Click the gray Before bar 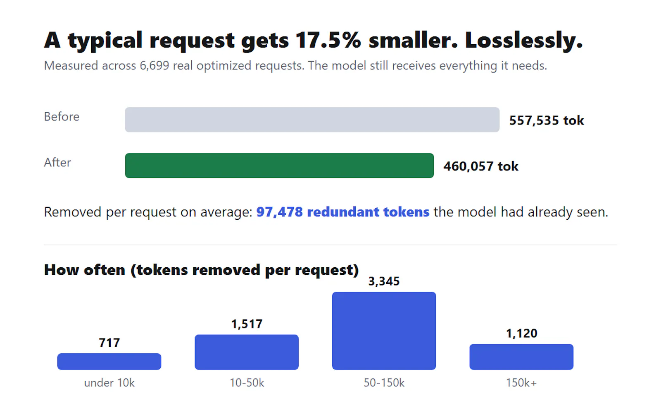click(312, 120)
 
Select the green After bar click(279, 166)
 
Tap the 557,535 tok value click(547, 120)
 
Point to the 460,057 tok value click(481, 166)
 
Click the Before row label click(62, 117)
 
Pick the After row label click(57, 163)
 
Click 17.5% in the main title click(328, 40)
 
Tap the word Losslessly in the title click(524, 40)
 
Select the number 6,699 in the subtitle click(155, 66)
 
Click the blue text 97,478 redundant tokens click(342, 212)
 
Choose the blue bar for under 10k click(109, 361)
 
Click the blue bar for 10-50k click(247, 352)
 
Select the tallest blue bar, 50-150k click(384, 331)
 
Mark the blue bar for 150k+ click(521, 357)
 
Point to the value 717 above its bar click(109, 343)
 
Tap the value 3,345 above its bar click(384, 281)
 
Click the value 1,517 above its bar click(247, 324)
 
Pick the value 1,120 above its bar click(521, 334)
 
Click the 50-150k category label click(384, 383)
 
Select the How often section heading click(201, 270)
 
